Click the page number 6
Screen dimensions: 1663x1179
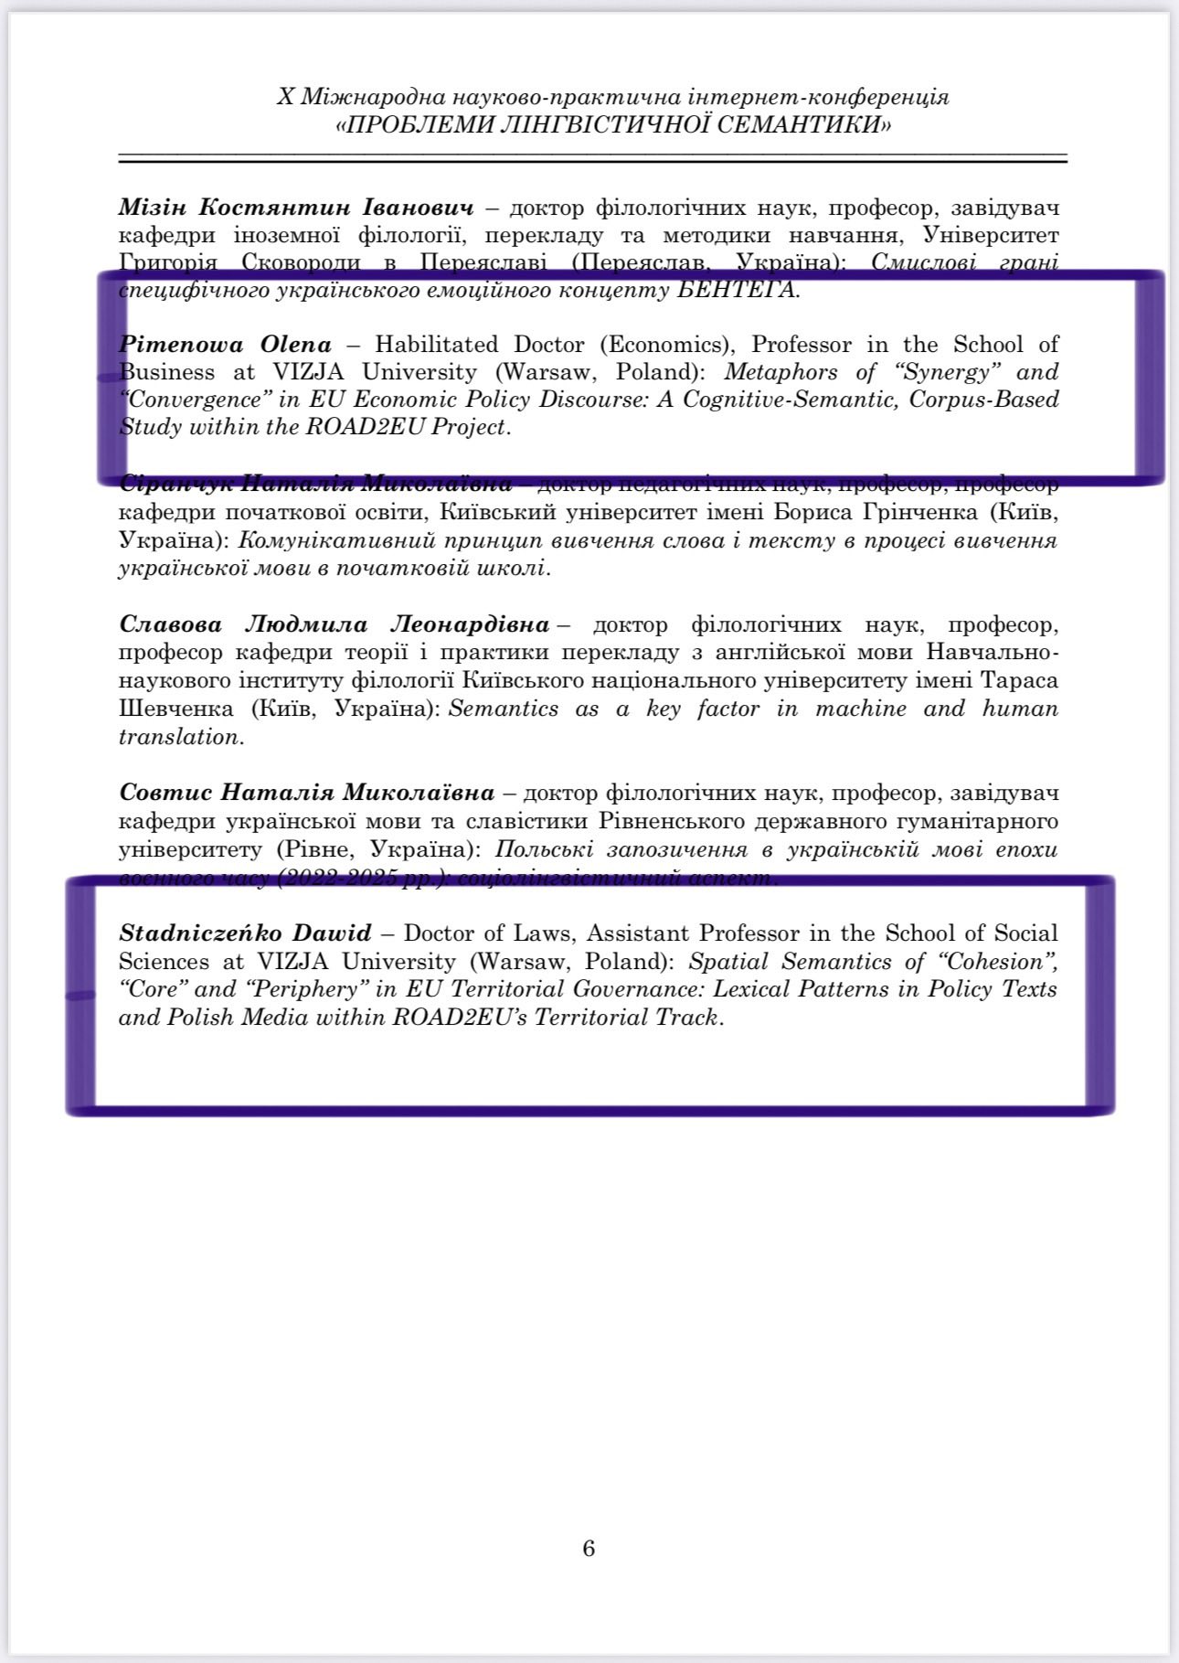[x=589, y=1548]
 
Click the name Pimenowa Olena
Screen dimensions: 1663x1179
[x=225, y=345]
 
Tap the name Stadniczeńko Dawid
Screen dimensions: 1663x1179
[x=245, y=933]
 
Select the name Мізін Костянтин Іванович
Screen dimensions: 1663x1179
[x=296, y=207]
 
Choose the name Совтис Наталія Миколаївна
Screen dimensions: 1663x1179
[x=307, y=792]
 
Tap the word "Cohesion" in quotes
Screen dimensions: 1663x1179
[x=995, y=962]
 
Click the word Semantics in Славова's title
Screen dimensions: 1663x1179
[x=504, y=709]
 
